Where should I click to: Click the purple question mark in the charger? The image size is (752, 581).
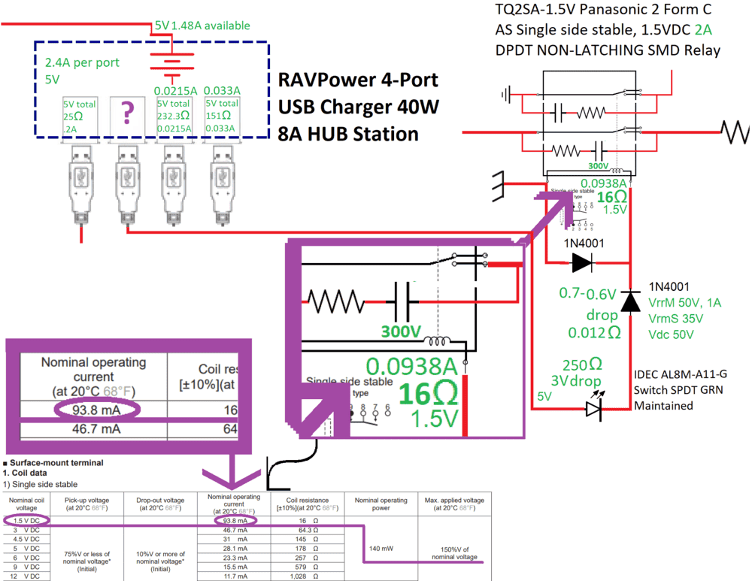[128, 113]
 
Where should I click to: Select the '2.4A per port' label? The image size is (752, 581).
[82, 63]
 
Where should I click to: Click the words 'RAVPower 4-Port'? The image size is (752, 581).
[358, 80]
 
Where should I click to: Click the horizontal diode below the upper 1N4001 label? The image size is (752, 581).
[582, 262]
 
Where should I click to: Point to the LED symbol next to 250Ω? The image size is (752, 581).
[595, 408]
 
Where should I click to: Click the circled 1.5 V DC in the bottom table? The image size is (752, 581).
[27, 520]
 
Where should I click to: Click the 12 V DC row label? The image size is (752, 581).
[27, 576]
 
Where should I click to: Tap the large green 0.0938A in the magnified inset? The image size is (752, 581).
[412, 367]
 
